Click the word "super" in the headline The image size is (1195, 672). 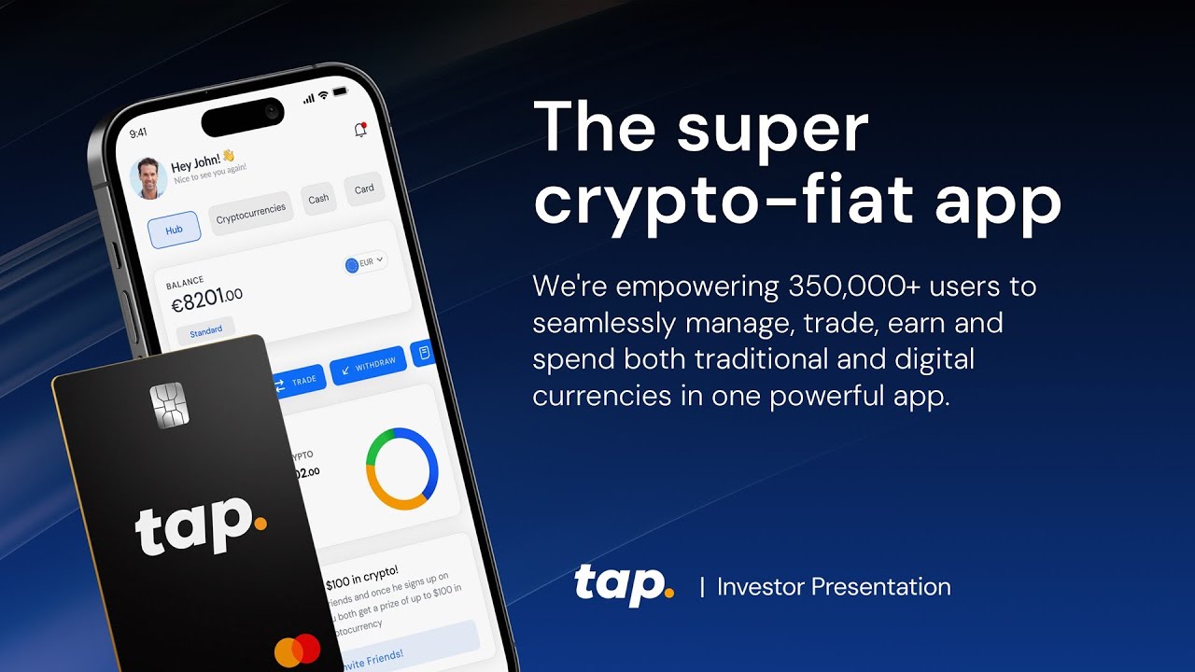[772, 130]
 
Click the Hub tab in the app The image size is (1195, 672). [175, 230]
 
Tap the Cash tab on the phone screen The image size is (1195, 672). [318, 198]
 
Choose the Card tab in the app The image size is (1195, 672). [364, 189]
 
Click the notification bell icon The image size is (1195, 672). [360, 131]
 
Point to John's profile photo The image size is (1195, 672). [148, 178]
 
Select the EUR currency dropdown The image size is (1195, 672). [365, 263]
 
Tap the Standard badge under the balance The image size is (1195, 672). [206, 330]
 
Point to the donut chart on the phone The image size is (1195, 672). [401, 469]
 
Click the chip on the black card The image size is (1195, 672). [169, 405]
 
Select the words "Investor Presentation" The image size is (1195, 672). [834, 587]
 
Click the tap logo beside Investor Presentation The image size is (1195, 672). [624, 585]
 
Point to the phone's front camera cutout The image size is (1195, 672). [243, 117]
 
